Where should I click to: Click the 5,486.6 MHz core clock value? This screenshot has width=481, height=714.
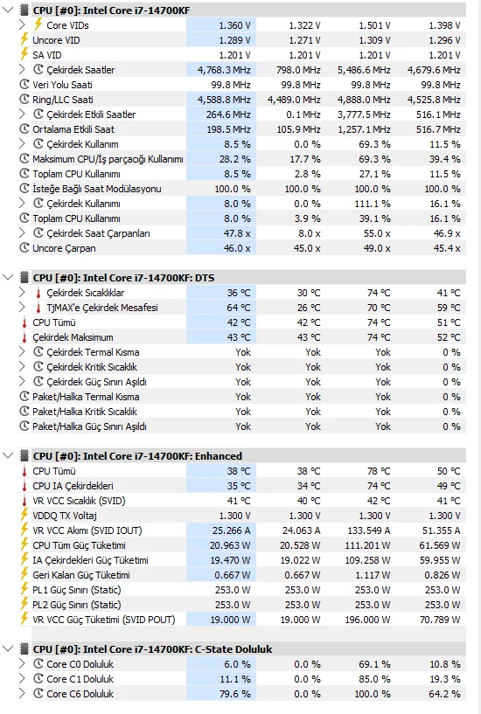[364, 70]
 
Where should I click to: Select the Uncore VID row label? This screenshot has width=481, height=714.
[56, 40]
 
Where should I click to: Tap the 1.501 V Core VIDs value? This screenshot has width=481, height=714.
[374, 25]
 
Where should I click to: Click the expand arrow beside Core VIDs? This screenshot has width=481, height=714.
[22, 25]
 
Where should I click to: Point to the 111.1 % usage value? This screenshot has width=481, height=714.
[373, 204]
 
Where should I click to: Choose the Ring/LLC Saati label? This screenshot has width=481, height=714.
[63, 100]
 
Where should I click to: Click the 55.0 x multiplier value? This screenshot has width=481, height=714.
[376, 233]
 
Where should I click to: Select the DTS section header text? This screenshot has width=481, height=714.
[123, 278]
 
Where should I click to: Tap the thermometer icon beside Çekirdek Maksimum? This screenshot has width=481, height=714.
[24, 337]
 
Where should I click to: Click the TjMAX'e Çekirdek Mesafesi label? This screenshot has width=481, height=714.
[102, 308]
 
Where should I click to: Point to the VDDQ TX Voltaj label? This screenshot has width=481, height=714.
[65, 516]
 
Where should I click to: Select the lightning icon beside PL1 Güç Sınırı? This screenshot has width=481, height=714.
[24, 590]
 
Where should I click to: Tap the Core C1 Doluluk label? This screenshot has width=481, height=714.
[80, 679]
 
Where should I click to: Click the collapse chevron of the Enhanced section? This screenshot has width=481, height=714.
[8, 456]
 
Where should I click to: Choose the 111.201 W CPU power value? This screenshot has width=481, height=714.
[367, 545]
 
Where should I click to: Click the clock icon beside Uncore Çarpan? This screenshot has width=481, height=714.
[24, 248]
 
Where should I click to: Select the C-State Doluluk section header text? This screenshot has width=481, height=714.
[152, 648]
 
